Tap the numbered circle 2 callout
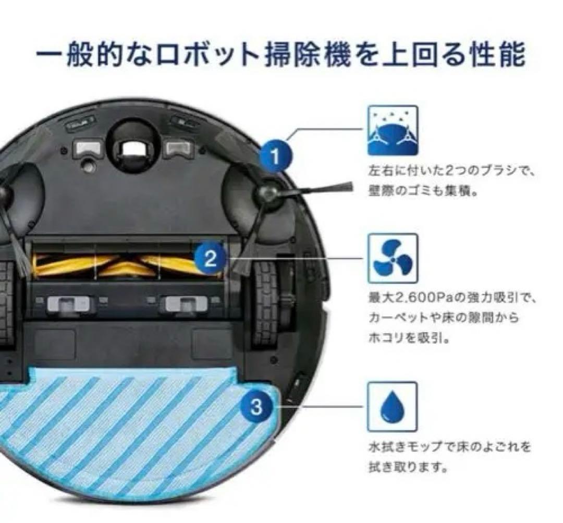coord(210,258)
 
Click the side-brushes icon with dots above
coord(393,130)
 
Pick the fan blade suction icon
coord(393,259)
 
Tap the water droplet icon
coord(393,407)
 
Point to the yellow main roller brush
coord(125,265)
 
